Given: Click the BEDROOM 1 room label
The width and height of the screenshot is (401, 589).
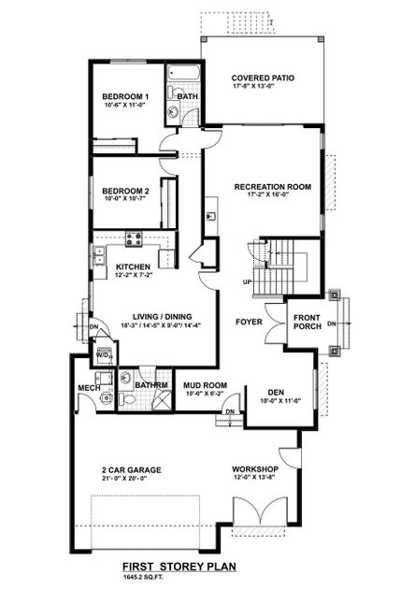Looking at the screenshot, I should [125, 97].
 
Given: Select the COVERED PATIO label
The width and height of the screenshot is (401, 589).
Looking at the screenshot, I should [263, 79].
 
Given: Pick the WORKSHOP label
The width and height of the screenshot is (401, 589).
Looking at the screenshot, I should [256, 469].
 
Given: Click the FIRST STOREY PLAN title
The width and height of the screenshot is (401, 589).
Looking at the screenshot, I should [179, 567].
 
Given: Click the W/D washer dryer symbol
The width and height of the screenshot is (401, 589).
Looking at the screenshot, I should [104, 355].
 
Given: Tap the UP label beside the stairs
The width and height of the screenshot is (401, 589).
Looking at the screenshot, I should [247, 281].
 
